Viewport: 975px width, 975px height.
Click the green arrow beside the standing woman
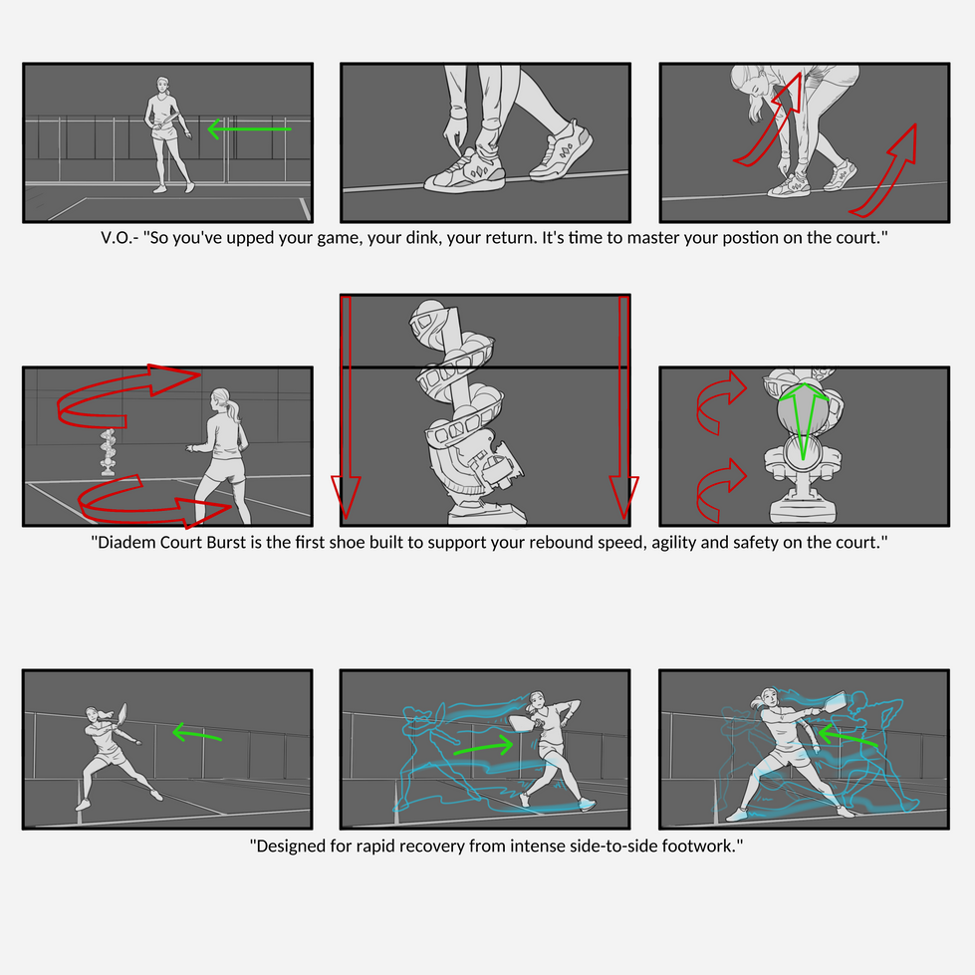249,129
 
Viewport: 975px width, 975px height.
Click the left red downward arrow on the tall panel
347,407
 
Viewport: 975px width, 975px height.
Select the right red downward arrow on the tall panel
623,407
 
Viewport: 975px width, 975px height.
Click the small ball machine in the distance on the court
109,452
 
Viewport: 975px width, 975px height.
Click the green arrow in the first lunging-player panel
196,733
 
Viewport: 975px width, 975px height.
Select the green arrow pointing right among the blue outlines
484,747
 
